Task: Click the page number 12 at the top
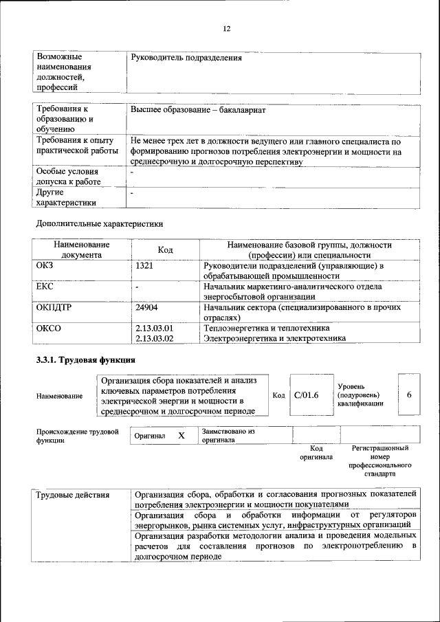[226, 28]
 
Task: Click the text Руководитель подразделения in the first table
[186, 58]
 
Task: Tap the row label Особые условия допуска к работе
[68, 176]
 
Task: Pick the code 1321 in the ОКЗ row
[145, 265]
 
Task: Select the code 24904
[147, 307]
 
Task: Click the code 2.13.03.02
[155, 338]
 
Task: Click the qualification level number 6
[409, 395]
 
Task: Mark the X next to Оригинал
[181, 436]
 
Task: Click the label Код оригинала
[316, 452]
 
